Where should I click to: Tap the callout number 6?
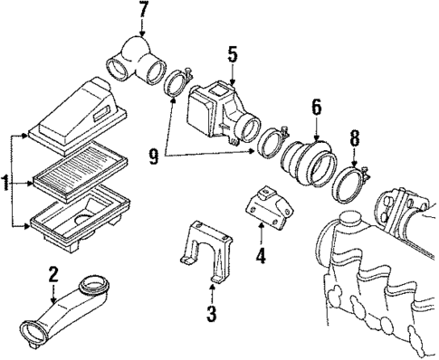[316, 108]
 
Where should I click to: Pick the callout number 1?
[7, 185]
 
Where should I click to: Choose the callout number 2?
[52, 274]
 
